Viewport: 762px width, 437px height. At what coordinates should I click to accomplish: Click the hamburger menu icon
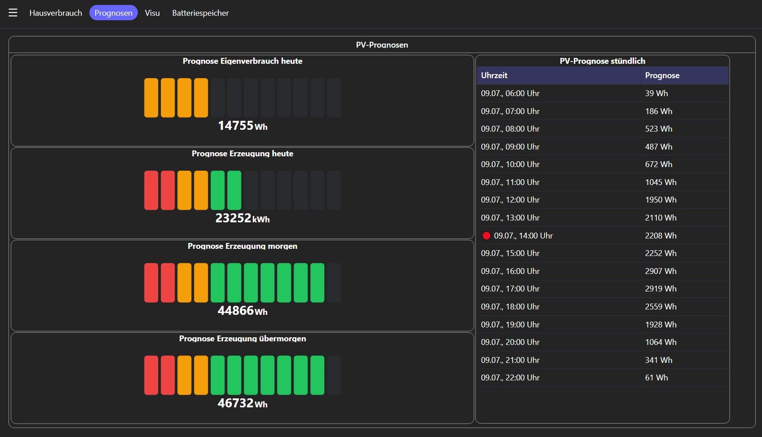13,13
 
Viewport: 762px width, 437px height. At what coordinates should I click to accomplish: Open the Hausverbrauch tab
56,13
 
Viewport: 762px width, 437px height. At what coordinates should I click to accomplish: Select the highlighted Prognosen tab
113,13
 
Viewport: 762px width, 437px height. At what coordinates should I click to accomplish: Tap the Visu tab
152,13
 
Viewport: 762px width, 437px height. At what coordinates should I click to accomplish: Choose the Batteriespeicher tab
200,13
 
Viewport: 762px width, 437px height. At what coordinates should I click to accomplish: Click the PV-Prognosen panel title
382,45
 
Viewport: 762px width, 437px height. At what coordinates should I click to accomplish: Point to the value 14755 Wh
242,126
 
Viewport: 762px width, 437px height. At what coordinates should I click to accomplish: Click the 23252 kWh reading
242,218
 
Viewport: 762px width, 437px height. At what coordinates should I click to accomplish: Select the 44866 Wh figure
242,311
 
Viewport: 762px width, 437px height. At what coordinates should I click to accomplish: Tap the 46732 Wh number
242,403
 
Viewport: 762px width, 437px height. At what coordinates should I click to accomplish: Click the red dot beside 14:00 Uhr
486,235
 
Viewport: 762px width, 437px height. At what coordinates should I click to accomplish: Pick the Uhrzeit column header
494,75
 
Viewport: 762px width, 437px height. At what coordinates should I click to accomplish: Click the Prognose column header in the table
662,75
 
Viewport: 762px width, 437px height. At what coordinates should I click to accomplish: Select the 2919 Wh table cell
661,289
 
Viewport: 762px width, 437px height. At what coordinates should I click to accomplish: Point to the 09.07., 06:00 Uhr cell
510,93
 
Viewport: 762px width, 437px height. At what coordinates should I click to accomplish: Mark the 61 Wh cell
656,377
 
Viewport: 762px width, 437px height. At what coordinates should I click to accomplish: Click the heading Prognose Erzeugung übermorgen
242,339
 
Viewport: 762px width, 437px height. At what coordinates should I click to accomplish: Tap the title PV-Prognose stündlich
602,61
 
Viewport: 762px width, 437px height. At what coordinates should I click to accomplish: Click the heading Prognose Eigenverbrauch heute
242,61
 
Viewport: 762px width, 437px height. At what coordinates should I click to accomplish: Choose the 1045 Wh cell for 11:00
661,182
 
